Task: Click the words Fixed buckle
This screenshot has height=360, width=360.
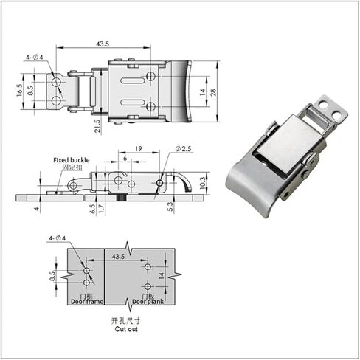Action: point(71,159)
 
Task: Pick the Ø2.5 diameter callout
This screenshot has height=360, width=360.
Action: point(184,150)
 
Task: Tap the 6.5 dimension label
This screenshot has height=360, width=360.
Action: point(91,210)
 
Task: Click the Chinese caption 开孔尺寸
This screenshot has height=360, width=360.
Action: point(125,320)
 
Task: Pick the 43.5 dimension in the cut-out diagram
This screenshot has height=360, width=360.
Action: point(117,256)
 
